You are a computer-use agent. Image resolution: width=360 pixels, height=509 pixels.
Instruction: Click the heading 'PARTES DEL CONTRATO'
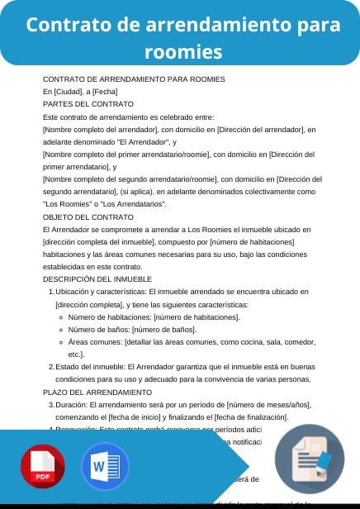pos(88,104)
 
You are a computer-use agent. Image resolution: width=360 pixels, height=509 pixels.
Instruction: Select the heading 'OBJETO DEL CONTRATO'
pos(88,216)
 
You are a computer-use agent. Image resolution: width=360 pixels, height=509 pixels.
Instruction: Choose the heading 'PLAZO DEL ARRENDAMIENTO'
pos(97,392)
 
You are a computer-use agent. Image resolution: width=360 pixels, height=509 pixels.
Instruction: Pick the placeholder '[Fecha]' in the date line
pos(105,92)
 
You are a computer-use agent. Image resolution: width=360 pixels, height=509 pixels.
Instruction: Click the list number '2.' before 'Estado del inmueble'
pos(51,366)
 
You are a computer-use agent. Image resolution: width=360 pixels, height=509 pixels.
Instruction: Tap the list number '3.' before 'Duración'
pos(51,405)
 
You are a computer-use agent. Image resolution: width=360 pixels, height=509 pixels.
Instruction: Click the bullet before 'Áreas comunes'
pos(61,341)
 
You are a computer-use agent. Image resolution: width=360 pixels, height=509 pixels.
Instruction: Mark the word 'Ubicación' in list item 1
pos(73,292)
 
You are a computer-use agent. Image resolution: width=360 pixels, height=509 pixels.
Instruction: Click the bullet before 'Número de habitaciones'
pos(61,316)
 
